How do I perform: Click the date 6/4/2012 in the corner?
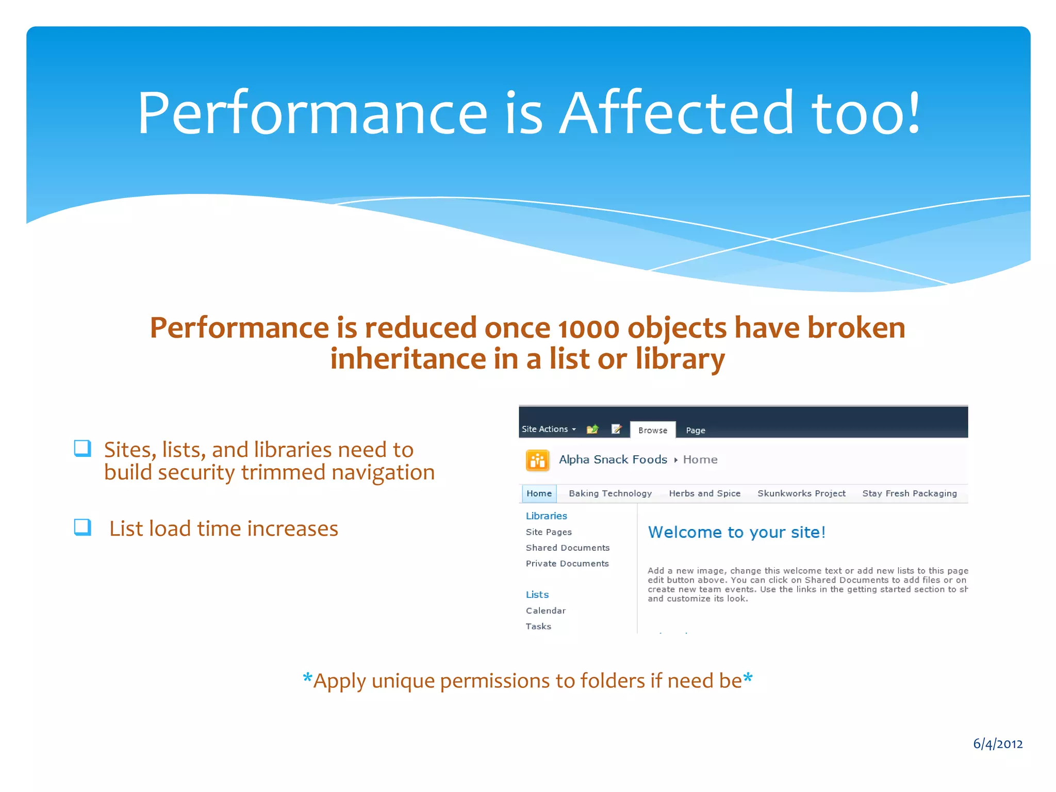997,744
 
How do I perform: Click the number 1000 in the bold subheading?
588,329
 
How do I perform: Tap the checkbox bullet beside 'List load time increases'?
82,527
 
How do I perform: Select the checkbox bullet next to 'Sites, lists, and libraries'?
82,449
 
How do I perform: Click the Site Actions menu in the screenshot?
548,429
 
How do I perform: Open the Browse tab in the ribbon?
652,430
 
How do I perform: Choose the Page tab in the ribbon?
695,430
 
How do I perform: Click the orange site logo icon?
537,460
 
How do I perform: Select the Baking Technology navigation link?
610,493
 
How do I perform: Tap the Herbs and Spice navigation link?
704,493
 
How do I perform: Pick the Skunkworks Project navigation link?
801,493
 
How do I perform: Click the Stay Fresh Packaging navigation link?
909,493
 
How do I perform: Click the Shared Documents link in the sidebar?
567,548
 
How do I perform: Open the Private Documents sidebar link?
567,564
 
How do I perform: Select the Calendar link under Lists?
546,610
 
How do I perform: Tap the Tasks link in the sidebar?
538,626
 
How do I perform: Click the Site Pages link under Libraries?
549,532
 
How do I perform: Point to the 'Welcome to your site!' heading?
736,532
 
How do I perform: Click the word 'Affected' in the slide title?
676,113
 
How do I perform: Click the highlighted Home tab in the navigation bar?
539,493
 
